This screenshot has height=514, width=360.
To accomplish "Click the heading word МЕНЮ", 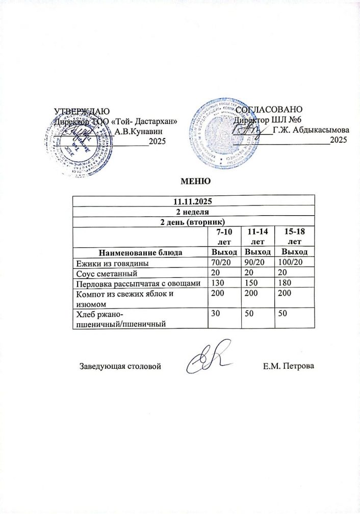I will (192, 182).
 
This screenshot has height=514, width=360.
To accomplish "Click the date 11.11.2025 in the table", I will (193, 200).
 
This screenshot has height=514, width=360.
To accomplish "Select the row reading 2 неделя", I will (193, 211).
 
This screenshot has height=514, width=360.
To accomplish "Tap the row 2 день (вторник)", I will (193, 221).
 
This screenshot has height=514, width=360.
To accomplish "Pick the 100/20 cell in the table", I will (291, 263).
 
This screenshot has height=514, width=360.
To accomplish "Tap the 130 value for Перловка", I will (218, 284).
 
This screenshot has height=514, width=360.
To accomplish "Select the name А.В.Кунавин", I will (137, 132).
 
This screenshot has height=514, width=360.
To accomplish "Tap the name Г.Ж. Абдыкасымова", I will (311, 130).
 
